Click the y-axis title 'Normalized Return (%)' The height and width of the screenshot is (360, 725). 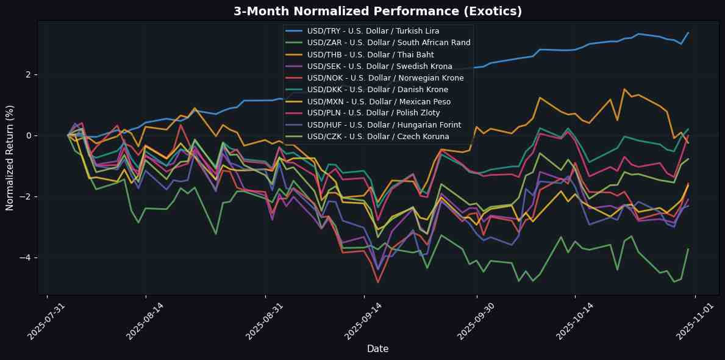coord(10,158)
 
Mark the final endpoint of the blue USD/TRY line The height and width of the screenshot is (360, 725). coord(688,33)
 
